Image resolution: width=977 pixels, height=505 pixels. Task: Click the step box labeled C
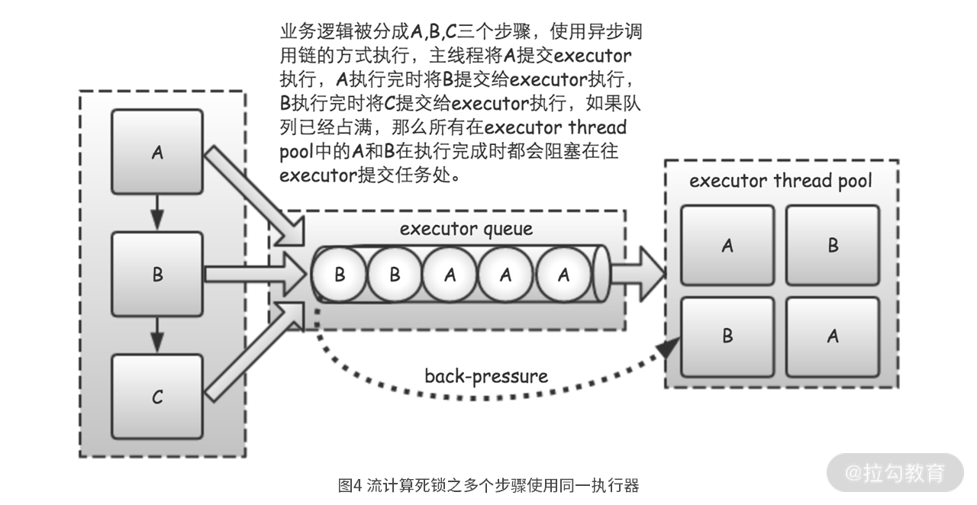click(x=157, y=397)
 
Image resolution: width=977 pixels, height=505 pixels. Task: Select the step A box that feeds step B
click(x=157, y=152)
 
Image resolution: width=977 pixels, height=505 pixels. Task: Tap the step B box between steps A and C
click(x=157, y=274)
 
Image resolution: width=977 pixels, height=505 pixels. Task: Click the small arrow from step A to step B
click(x=157, y=212)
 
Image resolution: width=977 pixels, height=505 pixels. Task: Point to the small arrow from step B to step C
click(x=157, y=335)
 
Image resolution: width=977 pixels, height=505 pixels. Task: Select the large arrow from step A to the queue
click(x=254, y=195)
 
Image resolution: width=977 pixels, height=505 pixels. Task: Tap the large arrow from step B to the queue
click(x=256, y=275)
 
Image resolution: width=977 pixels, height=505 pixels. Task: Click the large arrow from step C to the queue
click(x=254, y=352)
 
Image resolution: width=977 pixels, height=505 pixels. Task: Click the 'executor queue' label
click(x=466, y=229)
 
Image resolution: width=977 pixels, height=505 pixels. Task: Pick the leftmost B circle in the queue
click(x=340, y=275)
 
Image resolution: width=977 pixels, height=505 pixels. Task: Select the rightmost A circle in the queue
click(x=563, y=275)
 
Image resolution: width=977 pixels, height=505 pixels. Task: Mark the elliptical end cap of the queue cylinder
click(x=601, y=273)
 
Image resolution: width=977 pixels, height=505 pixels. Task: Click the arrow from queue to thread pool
click(x=637, y=274)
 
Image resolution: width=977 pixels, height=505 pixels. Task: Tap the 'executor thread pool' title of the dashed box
click(x=780, y=181)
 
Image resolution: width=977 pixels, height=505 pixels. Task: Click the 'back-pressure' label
click(x=486, y=376)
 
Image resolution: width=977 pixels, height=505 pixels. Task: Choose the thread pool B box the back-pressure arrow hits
click(x=727, y=337)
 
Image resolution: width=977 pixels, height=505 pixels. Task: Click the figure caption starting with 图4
click(x=488, y=485)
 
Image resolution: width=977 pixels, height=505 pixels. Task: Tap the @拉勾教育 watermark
click(x=895, y=473)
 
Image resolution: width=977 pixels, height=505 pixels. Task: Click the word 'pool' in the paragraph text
click(x=296, y=152)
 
